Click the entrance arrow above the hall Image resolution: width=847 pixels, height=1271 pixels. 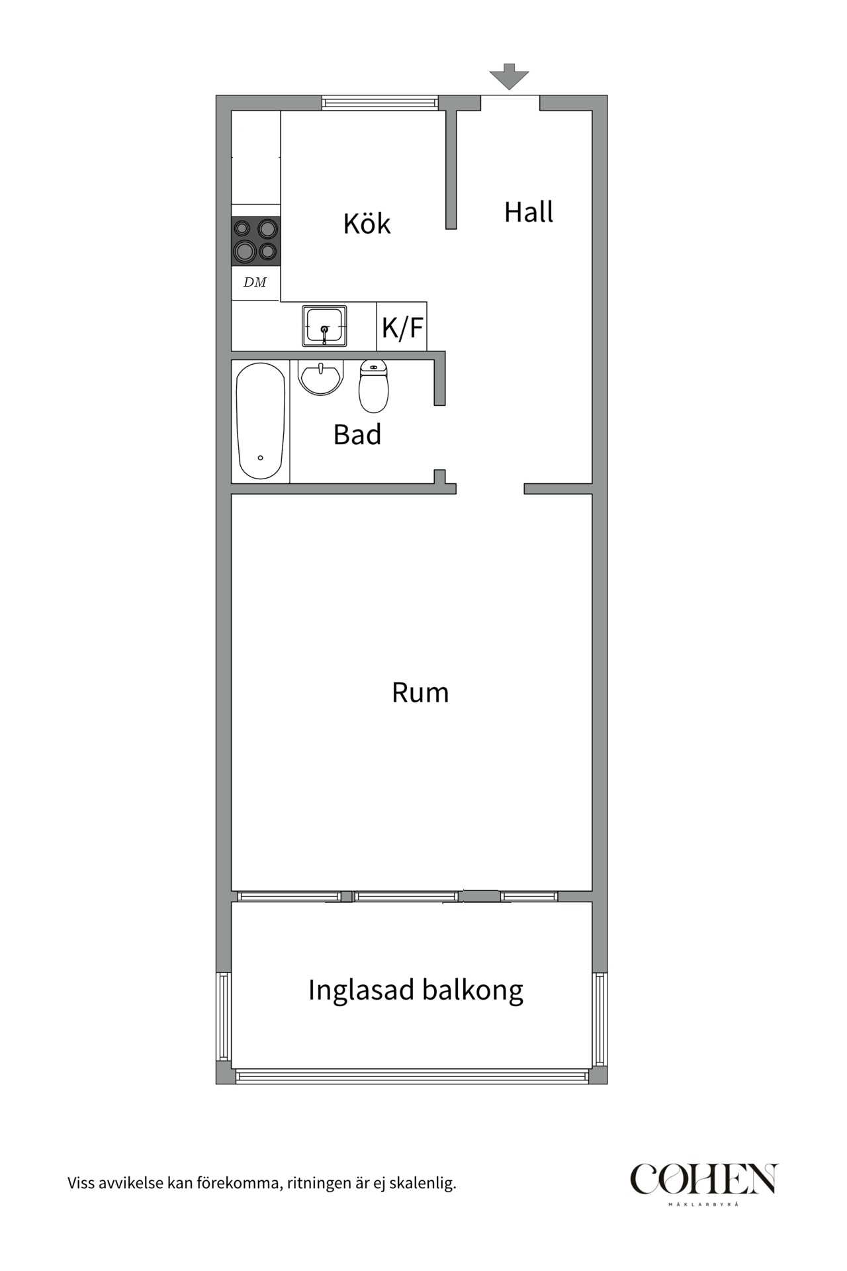coord(509,76)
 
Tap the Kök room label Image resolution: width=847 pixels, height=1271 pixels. coord(367,224)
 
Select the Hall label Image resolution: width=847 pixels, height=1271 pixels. coord(528,212)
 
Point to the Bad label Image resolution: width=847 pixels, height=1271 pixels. coord(357,435)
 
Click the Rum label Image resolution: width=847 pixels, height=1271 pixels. coord(420,692)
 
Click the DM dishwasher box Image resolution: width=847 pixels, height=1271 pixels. coord(255,283)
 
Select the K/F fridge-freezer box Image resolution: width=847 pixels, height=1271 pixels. coord(402,326)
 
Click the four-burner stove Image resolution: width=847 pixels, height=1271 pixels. coord(255,240)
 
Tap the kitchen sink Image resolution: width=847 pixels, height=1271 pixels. coord(324,326)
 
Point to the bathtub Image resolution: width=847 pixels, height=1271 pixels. coord(261,420)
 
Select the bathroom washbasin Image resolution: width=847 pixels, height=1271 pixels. coord(321,378)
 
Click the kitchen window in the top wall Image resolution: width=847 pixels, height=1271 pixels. coord(380,103)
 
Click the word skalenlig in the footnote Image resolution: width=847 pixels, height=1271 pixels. coord(422,1183)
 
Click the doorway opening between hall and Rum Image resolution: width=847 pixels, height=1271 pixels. coord(490,489)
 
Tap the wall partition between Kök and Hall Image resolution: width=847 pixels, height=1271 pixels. coord(451,169)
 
